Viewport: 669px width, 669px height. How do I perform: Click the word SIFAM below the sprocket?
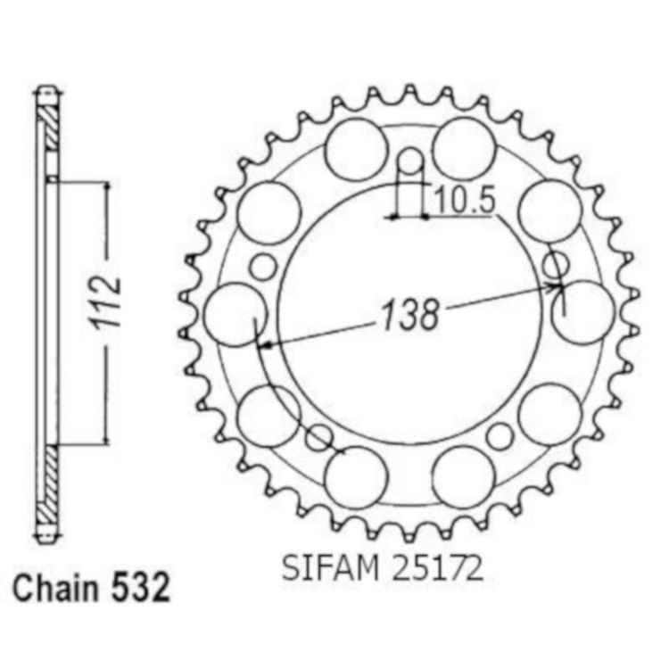pos(331,568)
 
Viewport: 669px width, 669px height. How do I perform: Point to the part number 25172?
pos(437,568)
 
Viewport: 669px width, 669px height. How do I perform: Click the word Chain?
pos(56,587)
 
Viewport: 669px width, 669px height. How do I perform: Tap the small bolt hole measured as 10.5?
pos(410,161)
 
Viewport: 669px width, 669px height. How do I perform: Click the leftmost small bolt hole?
pos(263,267)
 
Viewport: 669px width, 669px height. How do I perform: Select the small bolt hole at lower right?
pos(500,436)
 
